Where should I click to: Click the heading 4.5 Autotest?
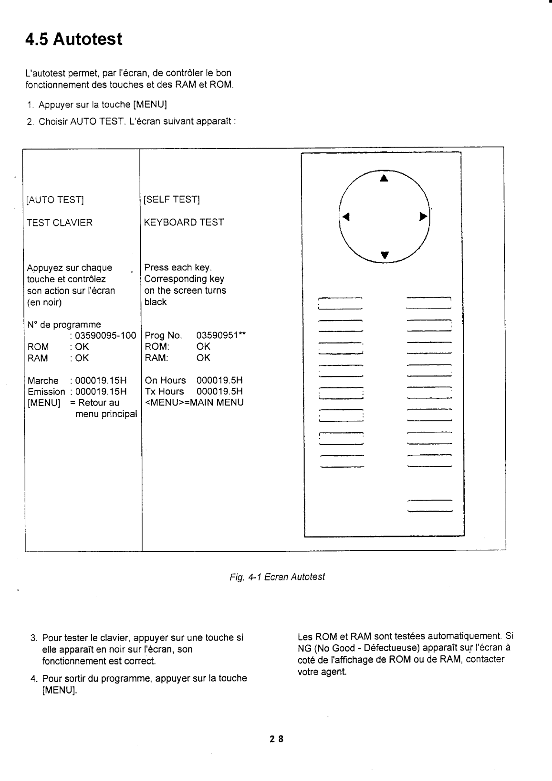click(x=74, y=39)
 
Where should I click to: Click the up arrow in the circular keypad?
click(x=384, y=179)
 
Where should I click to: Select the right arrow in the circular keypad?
click(x=422, y=216)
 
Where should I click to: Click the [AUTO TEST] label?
click(x=55, y=200)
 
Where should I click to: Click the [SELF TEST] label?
click(x=172, y=199)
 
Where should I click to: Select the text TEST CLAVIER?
click(x=60, y=223)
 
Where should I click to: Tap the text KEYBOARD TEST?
click(x=184, y=222)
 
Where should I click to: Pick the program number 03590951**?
click(x=221, y=335)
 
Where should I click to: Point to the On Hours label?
click(x=165, y=380)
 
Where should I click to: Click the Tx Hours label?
click(x=164, y=391)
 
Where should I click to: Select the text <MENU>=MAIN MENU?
click(x=194, y=402)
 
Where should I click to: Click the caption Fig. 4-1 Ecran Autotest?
click(x=277, y=577)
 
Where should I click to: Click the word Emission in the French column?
click(x=46, y=392)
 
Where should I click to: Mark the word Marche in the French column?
click(x=43, y=381)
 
